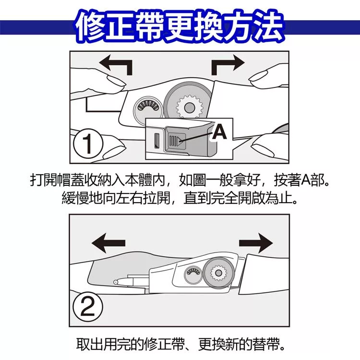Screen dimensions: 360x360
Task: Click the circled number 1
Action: pos(88,144)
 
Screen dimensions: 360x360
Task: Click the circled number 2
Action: pos(88,307)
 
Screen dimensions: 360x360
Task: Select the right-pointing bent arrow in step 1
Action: pos(228,64)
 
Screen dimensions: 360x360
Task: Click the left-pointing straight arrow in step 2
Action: pos(108,243)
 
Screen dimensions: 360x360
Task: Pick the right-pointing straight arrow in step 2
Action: pos(256,243)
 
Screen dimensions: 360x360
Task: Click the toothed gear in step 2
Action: pos(218,273)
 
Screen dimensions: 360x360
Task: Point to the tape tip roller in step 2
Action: pos(116,281)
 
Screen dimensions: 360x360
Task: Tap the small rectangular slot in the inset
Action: pos(157,141)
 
